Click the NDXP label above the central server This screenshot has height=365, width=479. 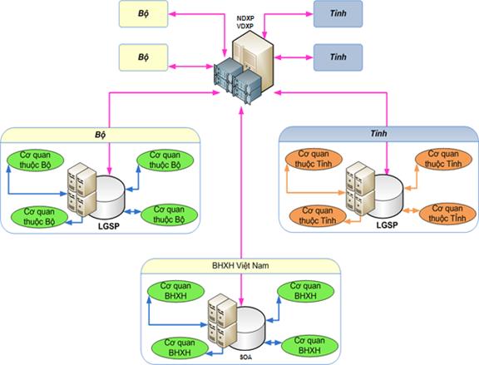click(245, 18)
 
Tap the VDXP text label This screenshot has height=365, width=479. click(245, 26)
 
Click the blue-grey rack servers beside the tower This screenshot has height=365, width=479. click(238, 81)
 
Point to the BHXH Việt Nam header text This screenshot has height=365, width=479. click(240, 265)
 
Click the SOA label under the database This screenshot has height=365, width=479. click(245, 357)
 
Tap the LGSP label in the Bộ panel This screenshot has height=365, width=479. click(109, 226)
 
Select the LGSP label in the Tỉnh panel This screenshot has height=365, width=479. click(387, 225)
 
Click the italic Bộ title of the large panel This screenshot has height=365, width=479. click(100, 135)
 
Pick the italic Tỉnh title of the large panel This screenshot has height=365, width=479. click(378, 134)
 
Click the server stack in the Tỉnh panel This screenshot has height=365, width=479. click(360, 189)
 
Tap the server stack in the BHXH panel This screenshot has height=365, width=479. click(222, 321)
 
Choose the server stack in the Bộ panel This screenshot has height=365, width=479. click(81, 190)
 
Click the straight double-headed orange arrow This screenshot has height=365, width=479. click(411, 210)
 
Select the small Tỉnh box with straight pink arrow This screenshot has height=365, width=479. click(338, 57)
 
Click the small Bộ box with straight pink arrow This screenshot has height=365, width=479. click(143, 57)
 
